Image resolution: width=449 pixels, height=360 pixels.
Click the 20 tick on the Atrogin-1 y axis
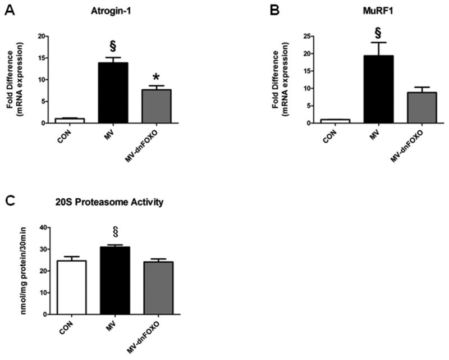[x=43, y=37]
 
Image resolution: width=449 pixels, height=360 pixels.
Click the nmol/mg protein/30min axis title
[x=26, y=270]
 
